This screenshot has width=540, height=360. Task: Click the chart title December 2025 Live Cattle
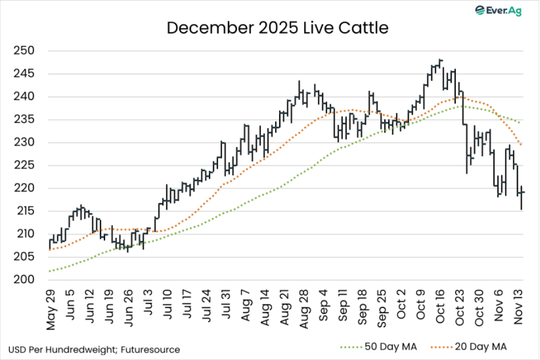(277, 28)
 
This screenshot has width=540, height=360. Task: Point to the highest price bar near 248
(441, 60)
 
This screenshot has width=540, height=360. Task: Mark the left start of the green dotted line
(50, 271)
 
